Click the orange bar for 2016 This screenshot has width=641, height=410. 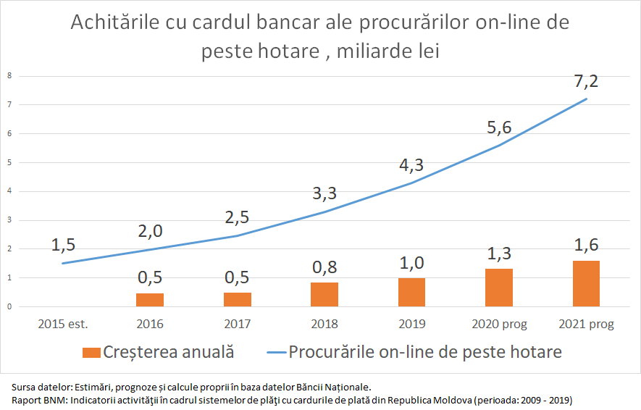pos(150,300)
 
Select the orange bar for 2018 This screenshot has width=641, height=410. pos(324,294)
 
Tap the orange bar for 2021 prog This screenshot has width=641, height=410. pos(586,283)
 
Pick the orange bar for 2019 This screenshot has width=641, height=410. pos(411,292)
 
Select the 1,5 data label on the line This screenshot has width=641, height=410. pos(63,245)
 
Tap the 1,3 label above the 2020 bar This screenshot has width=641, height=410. pos(499,253)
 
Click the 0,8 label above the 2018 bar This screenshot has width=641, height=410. pos(324,267)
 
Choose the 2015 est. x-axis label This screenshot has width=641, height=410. pos(63,324)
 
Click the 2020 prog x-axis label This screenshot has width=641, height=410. pos(499,324)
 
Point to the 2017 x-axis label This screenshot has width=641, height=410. pos(237,324)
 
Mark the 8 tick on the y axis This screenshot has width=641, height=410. pos(9,75)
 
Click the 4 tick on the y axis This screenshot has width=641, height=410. pos(9,191)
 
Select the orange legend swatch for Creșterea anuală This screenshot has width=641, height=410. pos(91,353)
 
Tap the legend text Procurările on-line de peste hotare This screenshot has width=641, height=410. pos(425,353)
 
